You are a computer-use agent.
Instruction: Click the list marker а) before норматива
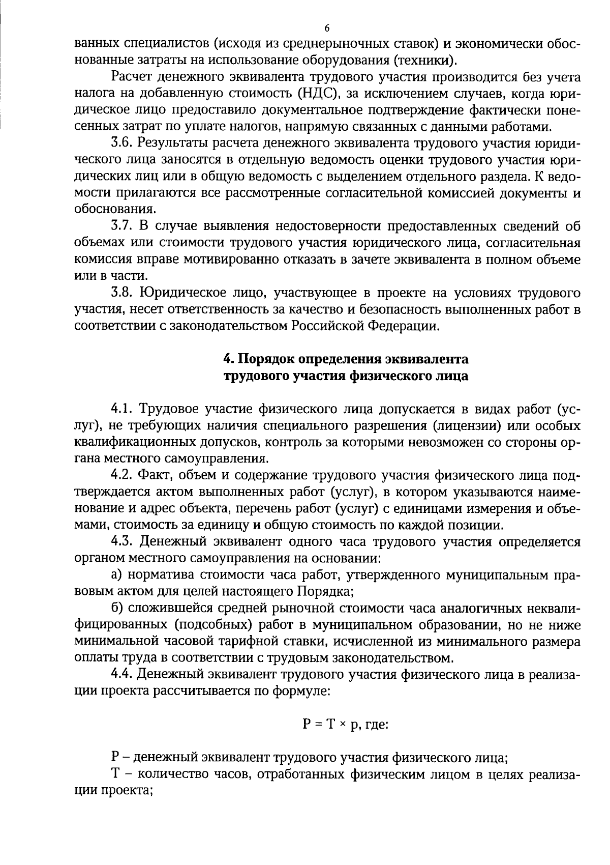(x=117, y=575)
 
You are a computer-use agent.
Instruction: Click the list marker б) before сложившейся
(x=117, y=608)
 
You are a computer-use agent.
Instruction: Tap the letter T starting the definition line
(x=115, y=774)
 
